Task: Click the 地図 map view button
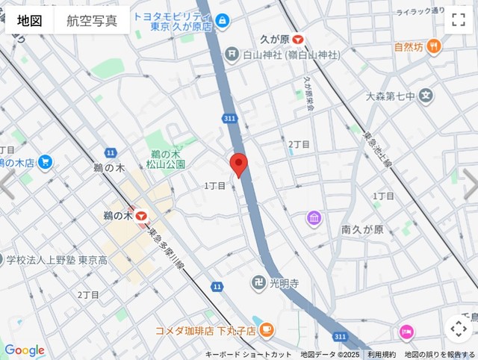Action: pyautogui.click(x=30, y=21)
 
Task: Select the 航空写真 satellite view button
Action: pyautogui.click(x=92, y=21)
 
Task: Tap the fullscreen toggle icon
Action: pyautogui.click(x=457, y=20)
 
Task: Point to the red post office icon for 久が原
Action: pyautogui.click(x=298, y=40)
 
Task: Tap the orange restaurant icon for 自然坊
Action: pyautogui.click(x=434, y=46)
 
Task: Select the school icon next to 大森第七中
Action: pyautogui.click(x=426, y=96)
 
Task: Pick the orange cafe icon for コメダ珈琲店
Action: pyautogui.click(x=267, y=329)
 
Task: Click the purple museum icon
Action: pyautogui.click(x=314, y=218)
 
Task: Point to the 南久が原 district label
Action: pyautogui.click(x=361, y=230)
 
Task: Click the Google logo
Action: pyautogui.click(x=24, y=350)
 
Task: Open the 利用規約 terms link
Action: pyautogui.click(x=382, y=354)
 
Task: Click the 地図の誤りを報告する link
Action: pyautogui.click(x=439, y=354)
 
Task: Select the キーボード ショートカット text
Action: pyautogui.click(x=249, y=354)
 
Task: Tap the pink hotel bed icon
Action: pyautogui.click(x=406, y=331)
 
